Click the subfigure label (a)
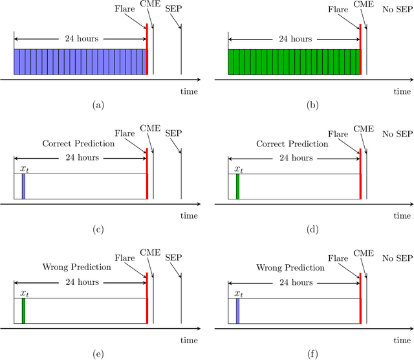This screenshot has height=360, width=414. pos(98,105)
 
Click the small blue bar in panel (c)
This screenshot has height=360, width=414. pos(23,186)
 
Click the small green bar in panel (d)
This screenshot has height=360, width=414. pos(237,186)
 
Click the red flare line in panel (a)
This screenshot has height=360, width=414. pos(147,49)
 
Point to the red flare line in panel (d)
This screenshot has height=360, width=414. pos(360,174)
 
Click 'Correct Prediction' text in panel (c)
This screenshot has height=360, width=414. pos(78,143)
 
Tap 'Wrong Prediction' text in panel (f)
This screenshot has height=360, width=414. pos(290,267)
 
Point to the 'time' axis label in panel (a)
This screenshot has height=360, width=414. pos(189,91)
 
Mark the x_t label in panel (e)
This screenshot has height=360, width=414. pos(24,293)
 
